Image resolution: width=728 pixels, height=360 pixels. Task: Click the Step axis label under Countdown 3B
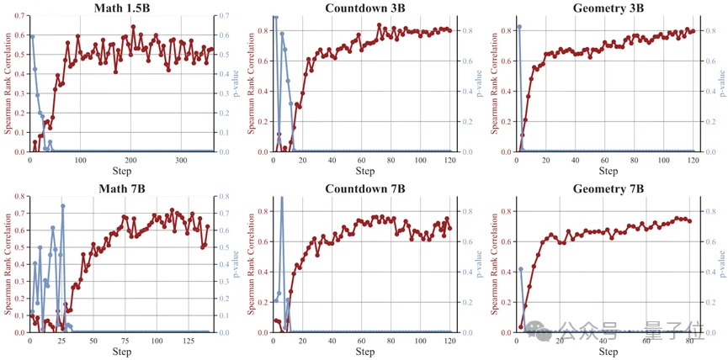[x=364, y=171]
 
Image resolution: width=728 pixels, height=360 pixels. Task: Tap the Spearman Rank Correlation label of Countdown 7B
[x=252, y=264]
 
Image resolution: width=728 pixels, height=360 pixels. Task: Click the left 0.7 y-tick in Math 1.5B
[x=18, y=16]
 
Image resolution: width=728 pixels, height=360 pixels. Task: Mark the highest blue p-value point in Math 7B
[x=62, y=206]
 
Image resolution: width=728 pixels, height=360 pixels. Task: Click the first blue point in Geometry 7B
[x=521, y=269]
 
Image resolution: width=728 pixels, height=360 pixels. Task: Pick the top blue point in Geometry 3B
[x=518, y=27]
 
